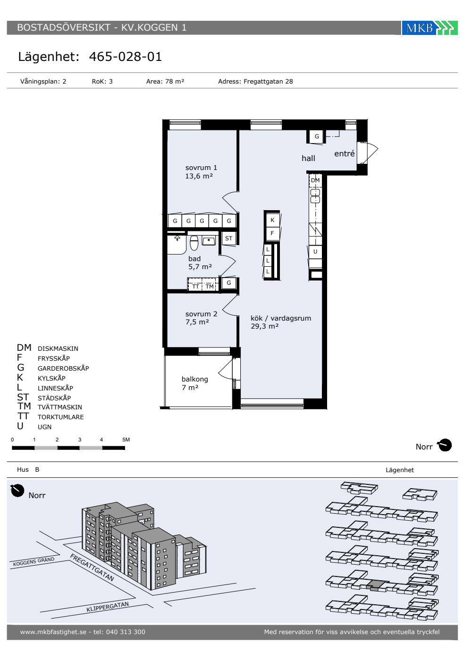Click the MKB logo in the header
[x=429, y=28]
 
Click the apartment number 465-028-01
[x=126, y=57]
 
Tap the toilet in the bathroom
[x=194, y=243]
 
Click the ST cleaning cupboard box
[x=228, y=238]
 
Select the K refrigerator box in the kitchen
[x=272, y=220]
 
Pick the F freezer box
[x=272, y=233]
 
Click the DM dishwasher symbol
[x=315, y=180]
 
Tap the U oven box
[x=315, y=252]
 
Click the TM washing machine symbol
[x=210, y=286]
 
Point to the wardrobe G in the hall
[x=317, y=136]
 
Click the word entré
[x=344, y=153]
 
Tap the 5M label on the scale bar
[x=126, y=440]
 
